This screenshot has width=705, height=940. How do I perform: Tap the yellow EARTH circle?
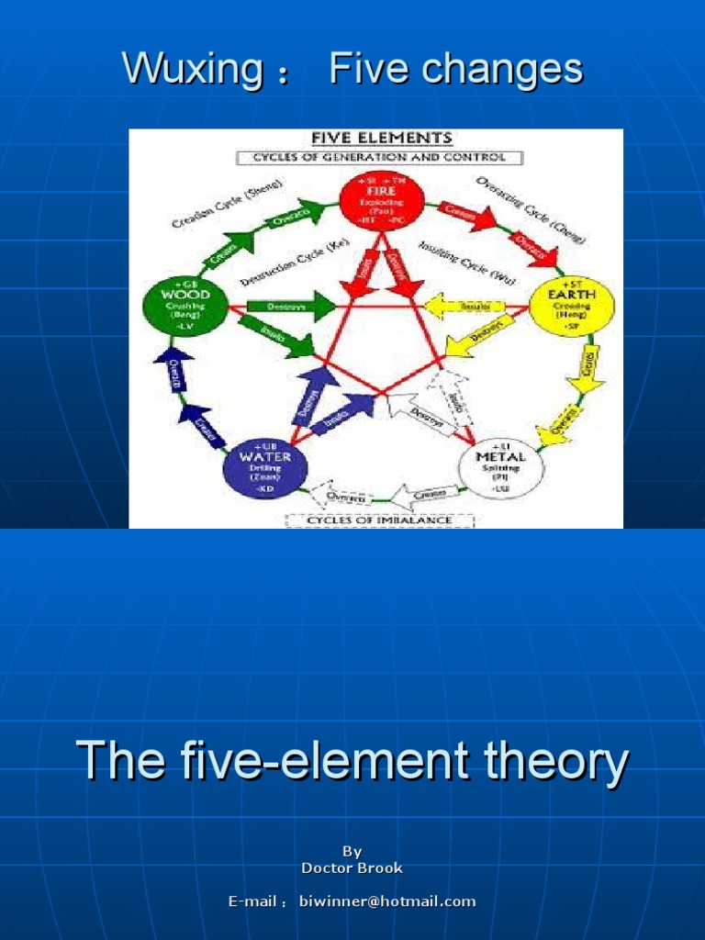tap(572, 305)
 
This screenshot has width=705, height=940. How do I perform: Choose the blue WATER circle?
tap(265, 467)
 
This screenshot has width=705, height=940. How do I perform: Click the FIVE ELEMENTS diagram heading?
tap(381, 139)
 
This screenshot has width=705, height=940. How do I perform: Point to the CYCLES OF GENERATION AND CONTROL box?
tap(379, 157)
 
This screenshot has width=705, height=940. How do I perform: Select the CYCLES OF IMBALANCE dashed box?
tap(379, 520)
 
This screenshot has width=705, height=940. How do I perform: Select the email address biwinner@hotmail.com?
tap(387, 901)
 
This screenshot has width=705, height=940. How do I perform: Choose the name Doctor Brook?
tap(352, 867)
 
